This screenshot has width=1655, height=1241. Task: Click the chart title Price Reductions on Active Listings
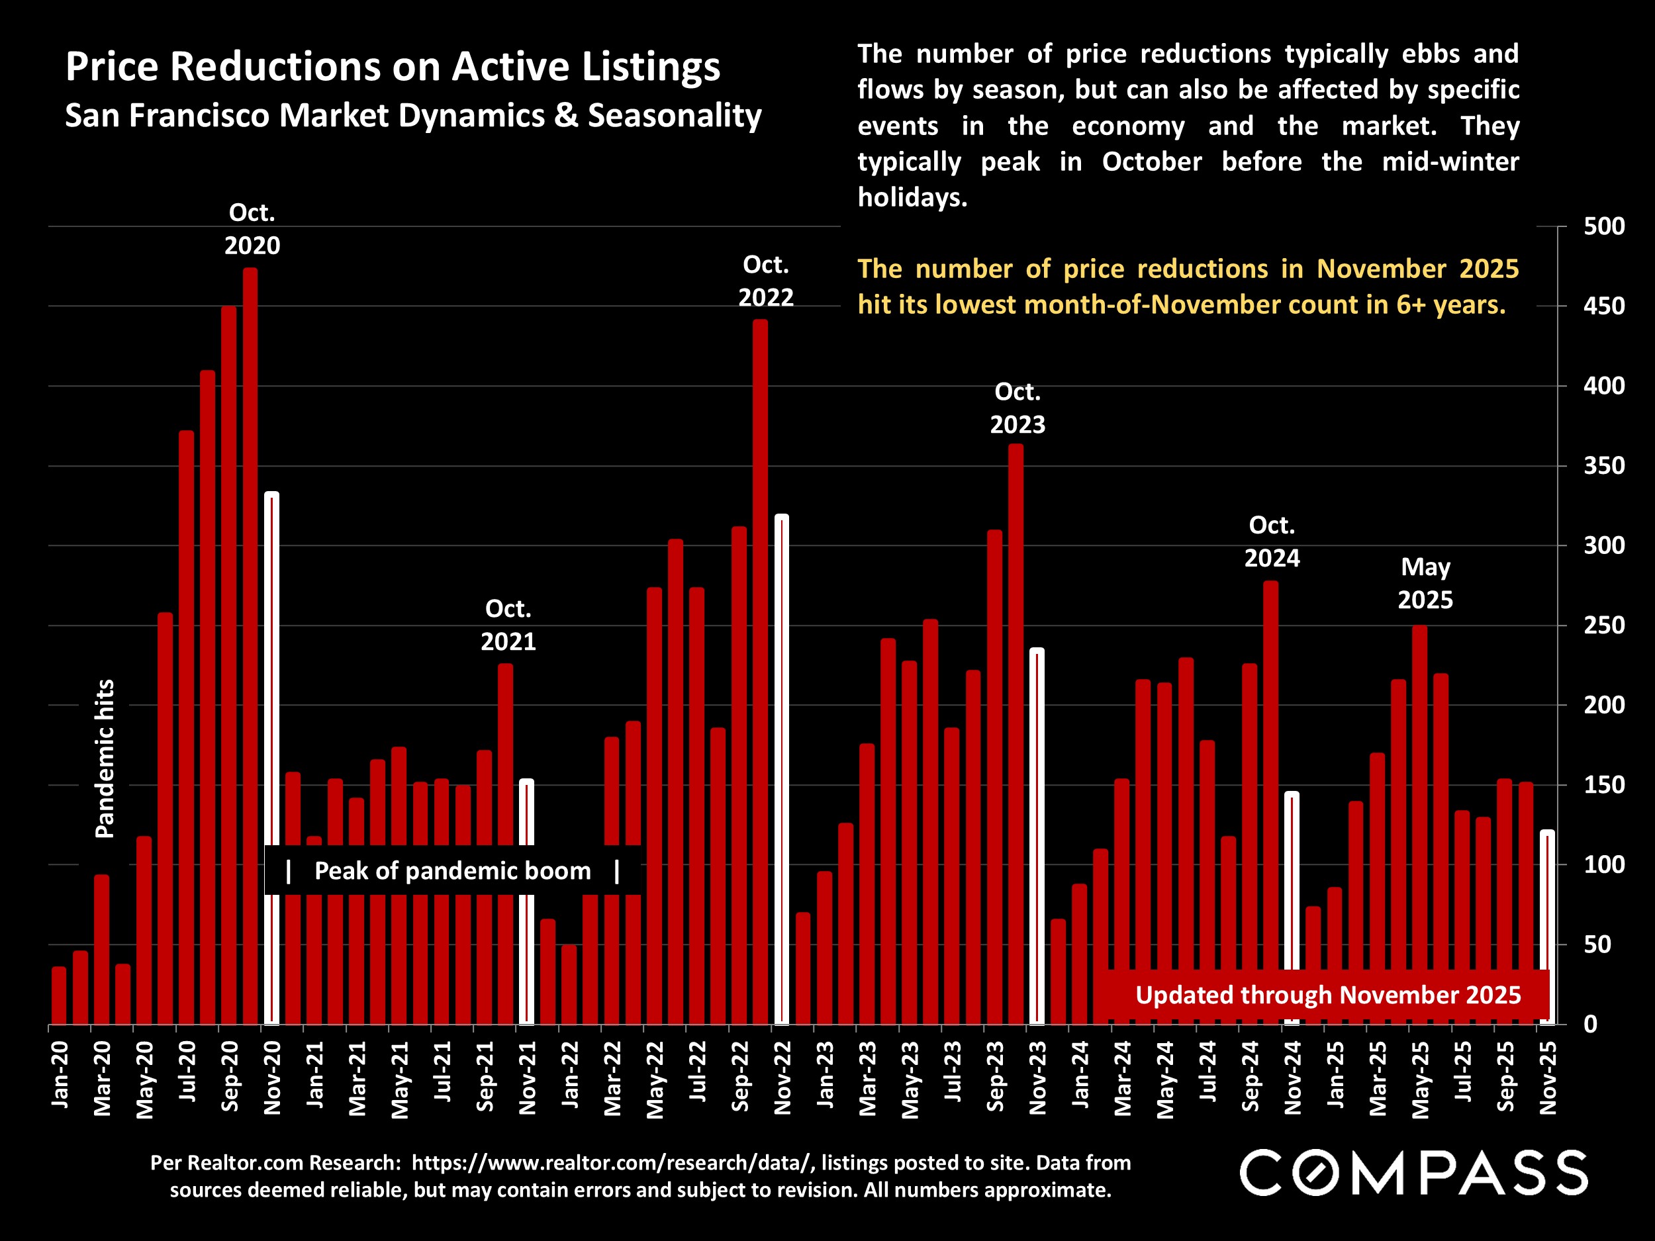pyautogui.click(x=392, y=67)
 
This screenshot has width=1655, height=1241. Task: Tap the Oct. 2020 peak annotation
pyautogui.click(x=252, y=229)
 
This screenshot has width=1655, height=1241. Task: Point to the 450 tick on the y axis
pyautogui.click(x=1603, y=306)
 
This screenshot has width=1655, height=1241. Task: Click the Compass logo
pyautogui.click(x=1413, y=1172)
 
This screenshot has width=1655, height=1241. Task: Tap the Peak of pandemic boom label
pyautogui.click(x=453, y=871)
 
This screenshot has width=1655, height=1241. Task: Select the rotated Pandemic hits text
pyautogui.click(x=105, y=758)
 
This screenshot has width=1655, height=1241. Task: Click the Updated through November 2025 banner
pyautogui.click(x=1327, y=995)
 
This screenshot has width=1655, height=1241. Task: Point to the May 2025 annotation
pyautogui.click(x=1425, y=584)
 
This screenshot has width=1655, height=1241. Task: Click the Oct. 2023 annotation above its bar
pyautogui.click(x=1017, y=408)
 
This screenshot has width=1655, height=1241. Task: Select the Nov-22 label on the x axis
pyautogui.click(x=782, y=1077)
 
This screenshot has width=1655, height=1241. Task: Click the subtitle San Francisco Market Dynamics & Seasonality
pyautogui.click(x=413, y=116)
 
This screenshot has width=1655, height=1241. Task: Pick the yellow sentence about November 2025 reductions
pyautogui.click(x=1188, y=287)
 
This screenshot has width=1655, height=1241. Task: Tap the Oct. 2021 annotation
pyautogui.click(x=508, y=625)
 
